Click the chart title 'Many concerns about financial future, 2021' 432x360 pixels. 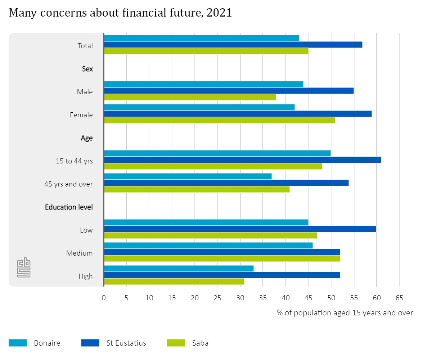[x=120, y=13]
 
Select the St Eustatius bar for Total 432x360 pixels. [x=233, y=45]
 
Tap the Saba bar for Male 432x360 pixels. [x=190, y=97]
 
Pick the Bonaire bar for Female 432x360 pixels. [x=199, y=107]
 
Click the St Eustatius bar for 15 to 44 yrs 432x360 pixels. [x=242, y=160]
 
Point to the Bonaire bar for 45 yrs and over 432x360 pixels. [x=188, y=176]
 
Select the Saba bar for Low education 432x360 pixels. [x=210, y=235]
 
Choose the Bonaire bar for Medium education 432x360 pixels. [x=208, y=246]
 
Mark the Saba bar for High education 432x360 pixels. [x=174, y=282]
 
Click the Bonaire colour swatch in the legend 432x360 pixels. [x=18, y=343]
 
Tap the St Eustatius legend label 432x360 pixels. [x=126, y=343]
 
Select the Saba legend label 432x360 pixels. [x=200, y=343]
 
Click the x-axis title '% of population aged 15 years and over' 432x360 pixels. [x=345, y=312]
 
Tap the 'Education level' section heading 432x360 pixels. [x=69, y=207]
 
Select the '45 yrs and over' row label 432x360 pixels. [x=68, y=184]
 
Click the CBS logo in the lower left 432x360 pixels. [x=24, y=267]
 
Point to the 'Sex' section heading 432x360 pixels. [x=87, y=69]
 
